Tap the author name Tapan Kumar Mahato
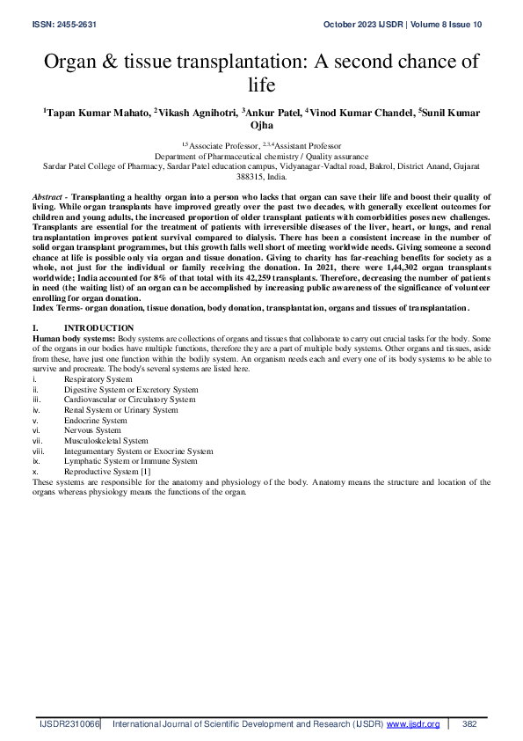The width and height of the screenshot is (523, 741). click(x=98, y=113)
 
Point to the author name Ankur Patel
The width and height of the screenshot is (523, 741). click(x=272, y=113)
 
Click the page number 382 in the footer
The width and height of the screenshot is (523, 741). click(x=469, y=723)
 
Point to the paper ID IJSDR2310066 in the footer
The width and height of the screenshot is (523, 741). click(x=69, y=723)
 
